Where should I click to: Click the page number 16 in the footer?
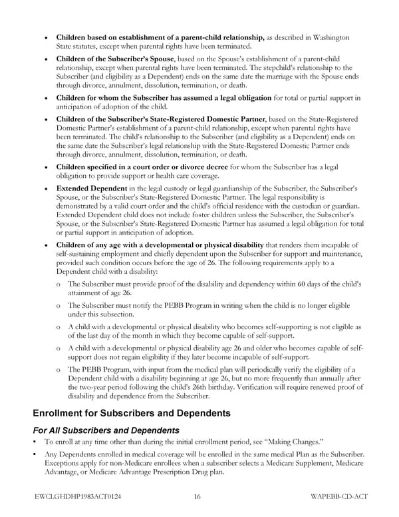[198, 496]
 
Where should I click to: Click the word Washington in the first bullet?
[327, 37]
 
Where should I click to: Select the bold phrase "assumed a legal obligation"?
[220, 98]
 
